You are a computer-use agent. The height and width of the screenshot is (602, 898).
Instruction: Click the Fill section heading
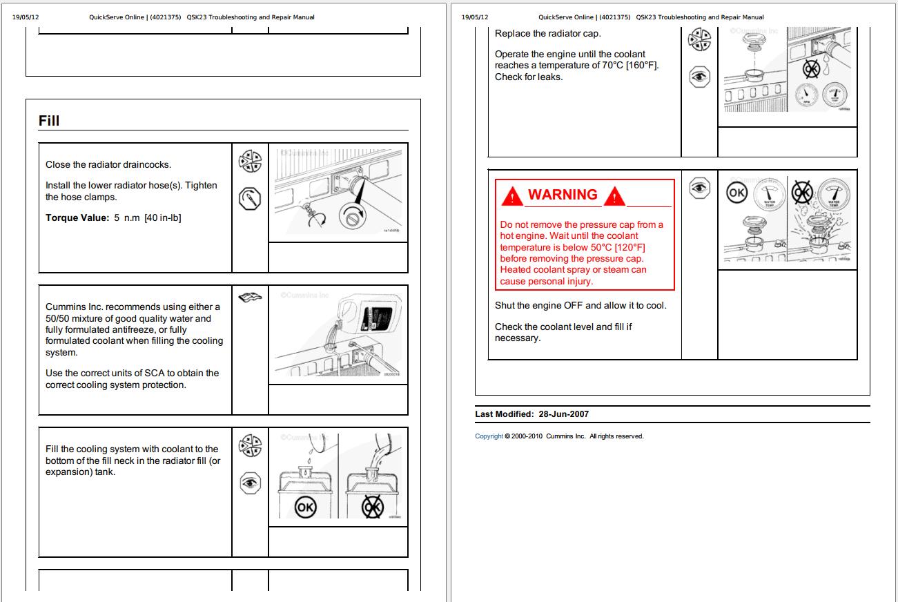[49, 121]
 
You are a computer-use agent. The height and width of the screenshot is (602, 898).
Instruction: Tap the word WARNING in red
[563, 195]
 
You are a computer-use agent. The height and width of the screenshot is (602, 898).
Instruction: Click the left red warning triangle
[511, 197]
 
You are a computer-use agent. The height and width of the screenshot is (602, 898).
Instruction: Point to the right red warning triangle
[614, 197]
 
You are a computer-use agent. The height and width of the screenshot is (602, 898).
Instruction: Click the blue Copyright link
[489, 436]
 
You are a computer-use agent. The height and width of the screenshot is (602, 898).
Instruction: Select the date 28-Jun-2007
[563, 414]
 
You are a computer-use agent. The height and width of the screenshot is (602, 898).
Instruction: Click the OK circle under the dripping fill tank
[305, 507]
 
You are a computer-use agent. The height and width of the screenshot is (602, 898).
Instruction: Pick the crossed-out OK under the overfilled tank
[373, 507]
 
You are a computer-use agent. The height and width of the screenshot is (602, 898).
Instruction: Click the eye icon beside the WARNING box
[699, 187]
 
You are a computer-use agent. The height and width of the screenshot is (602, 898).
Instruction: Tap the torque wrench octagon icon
[250, 200]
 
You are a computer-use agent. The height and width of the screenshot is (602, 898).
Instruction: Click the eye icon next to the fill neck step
[250, 483]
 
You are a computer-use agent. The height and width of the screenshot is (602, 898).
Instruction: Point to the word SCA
[155, 373]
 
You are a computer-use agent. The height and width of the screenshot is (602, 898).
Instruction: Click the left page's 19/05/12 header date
[26, 17]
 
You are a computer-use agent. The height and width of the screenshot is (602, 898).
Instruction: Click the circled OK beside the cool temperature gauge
[737, 193]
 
